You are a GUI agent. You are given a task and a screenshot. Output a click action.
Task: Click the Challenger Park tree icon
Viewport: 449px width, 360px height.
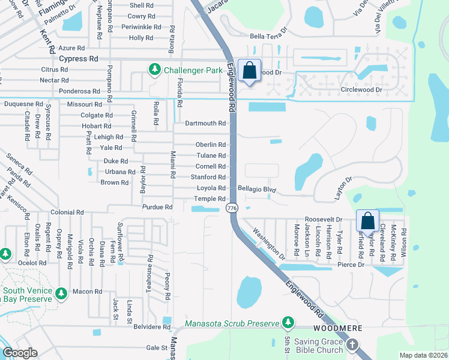[155, 70]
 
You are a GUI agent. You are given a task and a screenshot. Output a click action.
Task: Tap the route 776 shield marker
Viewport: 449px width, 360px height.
[231, 208]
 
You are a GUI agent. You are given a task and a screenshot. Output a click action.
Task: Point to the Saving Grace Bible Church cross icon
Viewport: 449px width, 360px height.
[352, 344]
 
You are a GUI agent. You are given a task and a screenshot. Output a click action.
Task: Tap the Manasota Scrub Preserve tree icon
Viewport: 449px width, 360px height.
[288, 323]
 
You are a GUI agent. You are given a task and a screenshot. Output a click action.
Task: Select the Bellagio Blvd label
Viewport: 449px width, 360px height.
[256, 189]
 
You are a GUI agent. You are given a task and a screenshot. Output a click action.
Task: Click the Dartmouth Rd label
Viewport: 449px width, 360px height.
[205, 123]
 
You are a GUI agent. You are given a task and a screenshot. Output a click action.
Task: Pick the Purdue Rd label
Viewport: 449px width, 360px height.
[157, 207]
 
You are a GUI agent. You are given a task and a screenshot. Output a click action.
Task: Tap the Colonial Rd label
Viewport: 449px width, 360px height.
[67, 212]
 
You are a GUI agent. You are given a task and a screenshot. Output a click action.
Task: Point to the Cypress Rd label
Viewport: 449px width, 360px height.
[78, 59]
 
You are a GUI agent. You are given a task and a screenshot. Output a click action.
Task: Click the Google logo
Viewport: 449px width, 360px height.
[20, 352]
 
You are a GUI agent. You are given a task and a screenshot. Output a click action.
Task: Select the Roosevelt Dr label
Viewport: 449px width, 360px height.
[323, 220]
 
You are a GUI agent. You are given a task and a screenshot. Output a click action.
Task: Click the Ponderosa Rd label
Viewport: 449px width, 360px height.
[79, 91]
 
